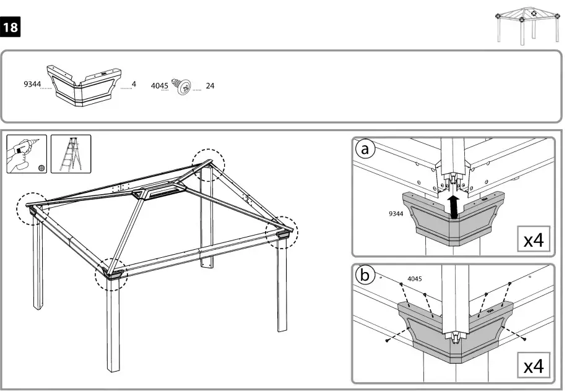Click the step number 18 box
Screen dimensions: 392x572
click(x=11, y=28)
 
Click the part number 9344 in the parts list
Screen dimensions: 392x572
click(x=32, y=84)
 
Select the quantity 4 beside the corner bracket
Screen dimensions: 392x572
click(x=134, y=83)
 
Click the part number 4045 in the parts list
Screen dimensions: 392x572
click(x=159, y=86)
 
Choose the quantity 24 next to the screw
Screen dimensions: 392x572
click(x=210, y=86)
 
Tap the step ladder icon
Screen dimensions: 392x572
click(x=71, y=154)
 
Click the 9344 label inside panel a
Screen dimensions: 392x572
click(x=396, y=213)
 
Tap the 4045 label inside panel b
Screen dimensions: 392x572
click(x=415, y=279)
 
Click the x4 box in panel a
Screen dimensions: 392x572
click(x=533, y=240)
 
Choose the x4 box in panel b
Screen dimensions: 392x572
click(x=533, y=366)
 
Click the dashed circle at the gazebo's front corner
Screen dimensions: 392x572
click(x=111, y=274)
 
